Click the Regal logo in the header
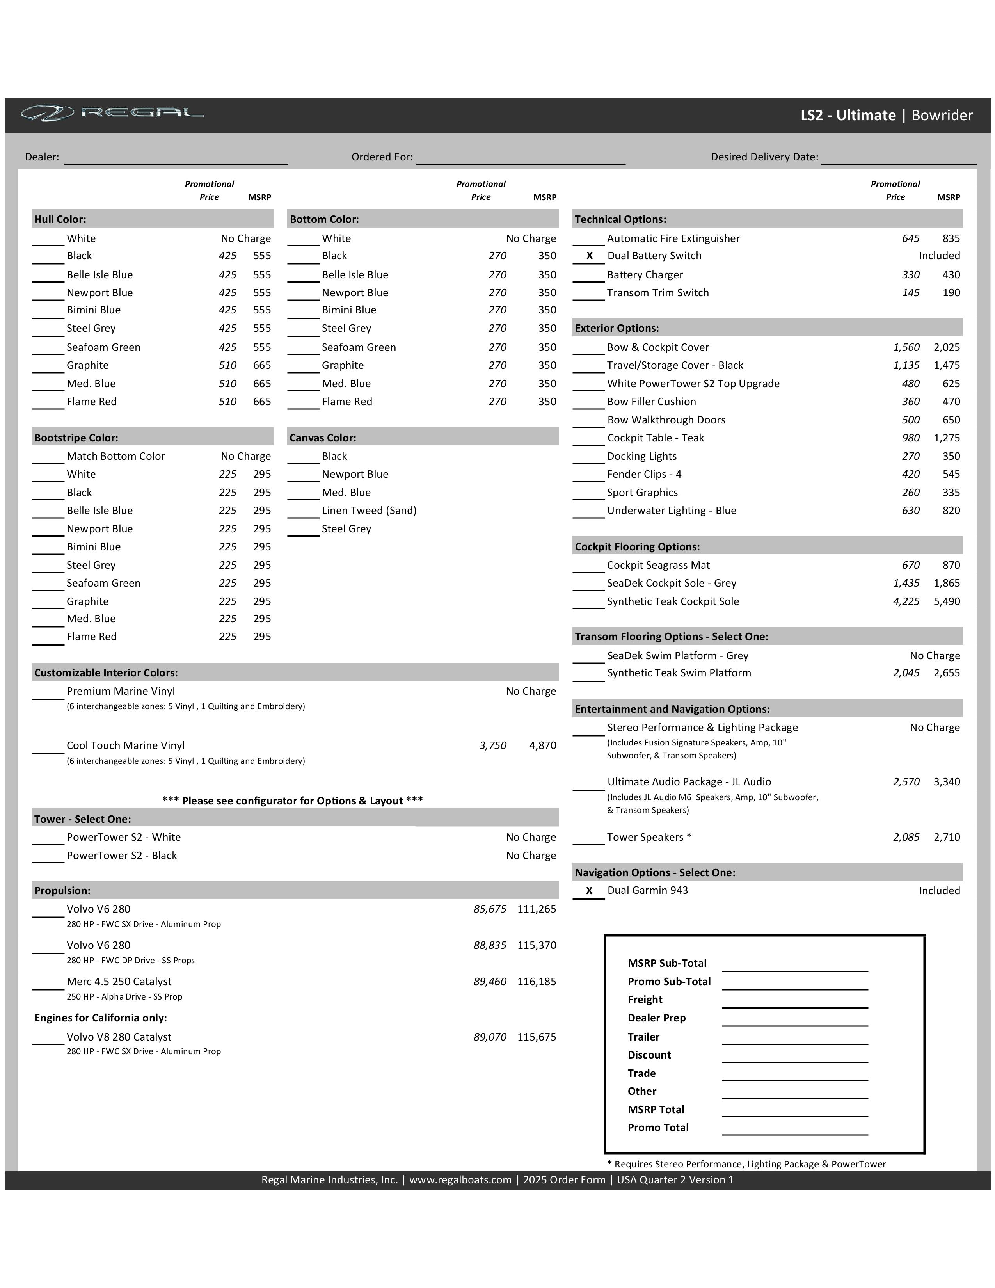112,113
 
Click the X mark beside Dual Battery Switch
589,256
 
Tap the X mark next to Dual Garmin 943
589,891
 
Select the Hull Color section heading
60,219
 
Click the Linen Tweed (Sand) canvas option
369,511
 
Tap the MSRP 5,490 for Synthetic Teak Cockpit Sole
947,601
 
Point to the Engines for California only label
101,1018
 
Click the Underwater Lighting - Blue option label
672,511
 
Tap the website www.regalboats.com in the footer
460,1180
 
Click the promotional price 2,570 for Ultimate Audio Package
906,782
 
